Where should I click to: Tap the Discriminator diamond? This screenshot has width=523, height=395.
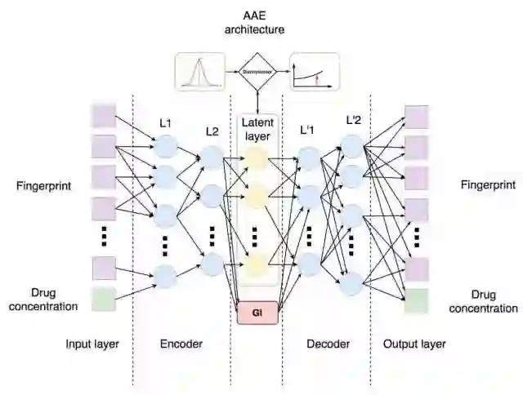tap(257, 72)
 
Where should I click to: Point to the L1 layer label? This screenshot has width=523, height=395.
tap(165, 123)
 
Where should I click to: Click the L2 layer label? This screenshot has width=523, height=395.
tap(212, 131)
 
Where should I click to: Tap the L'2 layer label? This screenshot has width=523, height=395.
tap(354, 119)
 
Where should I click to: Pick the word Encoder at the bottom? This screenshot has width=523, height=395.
tap(181, 344)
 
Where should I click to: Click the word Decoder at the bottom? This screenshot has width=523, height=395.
tap(328, 344)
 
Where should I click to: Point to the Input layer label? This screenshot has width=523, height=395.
tap(92, 344)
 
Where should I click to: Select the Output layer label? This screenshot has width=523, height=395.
tap(415, 344)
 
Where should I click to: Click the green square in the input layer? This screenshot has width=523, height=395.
tap(104, 300)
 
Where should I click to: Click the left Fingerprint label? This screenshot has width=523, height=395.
tap(43, 186)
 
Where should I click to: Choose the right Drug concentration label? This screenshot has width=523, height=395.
tap(494, 301)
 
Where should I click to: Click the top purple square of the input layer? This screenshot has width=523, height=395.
tap(104, 115)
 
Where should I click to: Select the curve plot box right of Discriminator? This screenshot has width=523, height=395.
tap(315, 72)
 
